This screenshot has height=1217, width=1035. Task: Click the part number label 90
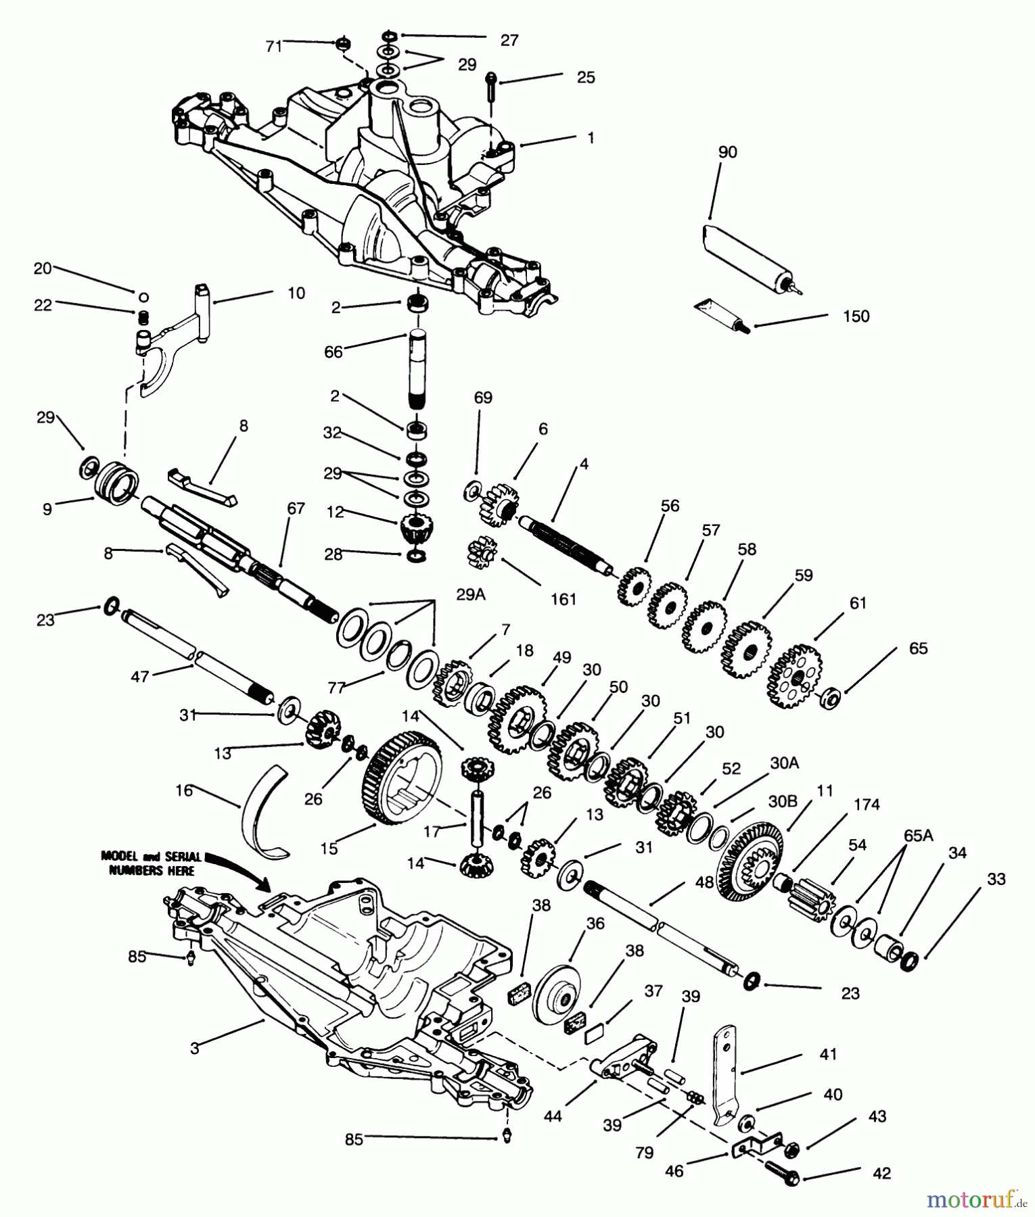pos(727,152)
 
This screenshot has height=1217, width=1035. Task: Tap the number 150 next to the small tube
pos(856,316)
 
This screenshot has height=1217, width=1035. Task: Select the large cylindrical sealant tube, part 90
pos(747,257)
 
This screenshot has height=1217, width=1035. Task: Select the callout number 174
pos(867,805)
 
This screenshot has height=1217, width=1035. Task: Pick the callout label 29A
pos(471,594)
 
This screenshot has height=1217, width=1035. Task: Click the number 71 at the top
pos(274,46)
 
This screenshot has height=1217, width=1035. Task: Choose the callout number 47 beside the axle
pos(139,676)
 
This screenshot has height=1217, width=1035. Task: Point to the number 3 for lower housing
pos(195,1049)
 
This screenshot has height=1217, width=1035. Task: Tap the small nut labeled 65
pos(831,698)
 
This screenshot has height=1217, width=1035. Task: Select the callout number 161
pos(563,598)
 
